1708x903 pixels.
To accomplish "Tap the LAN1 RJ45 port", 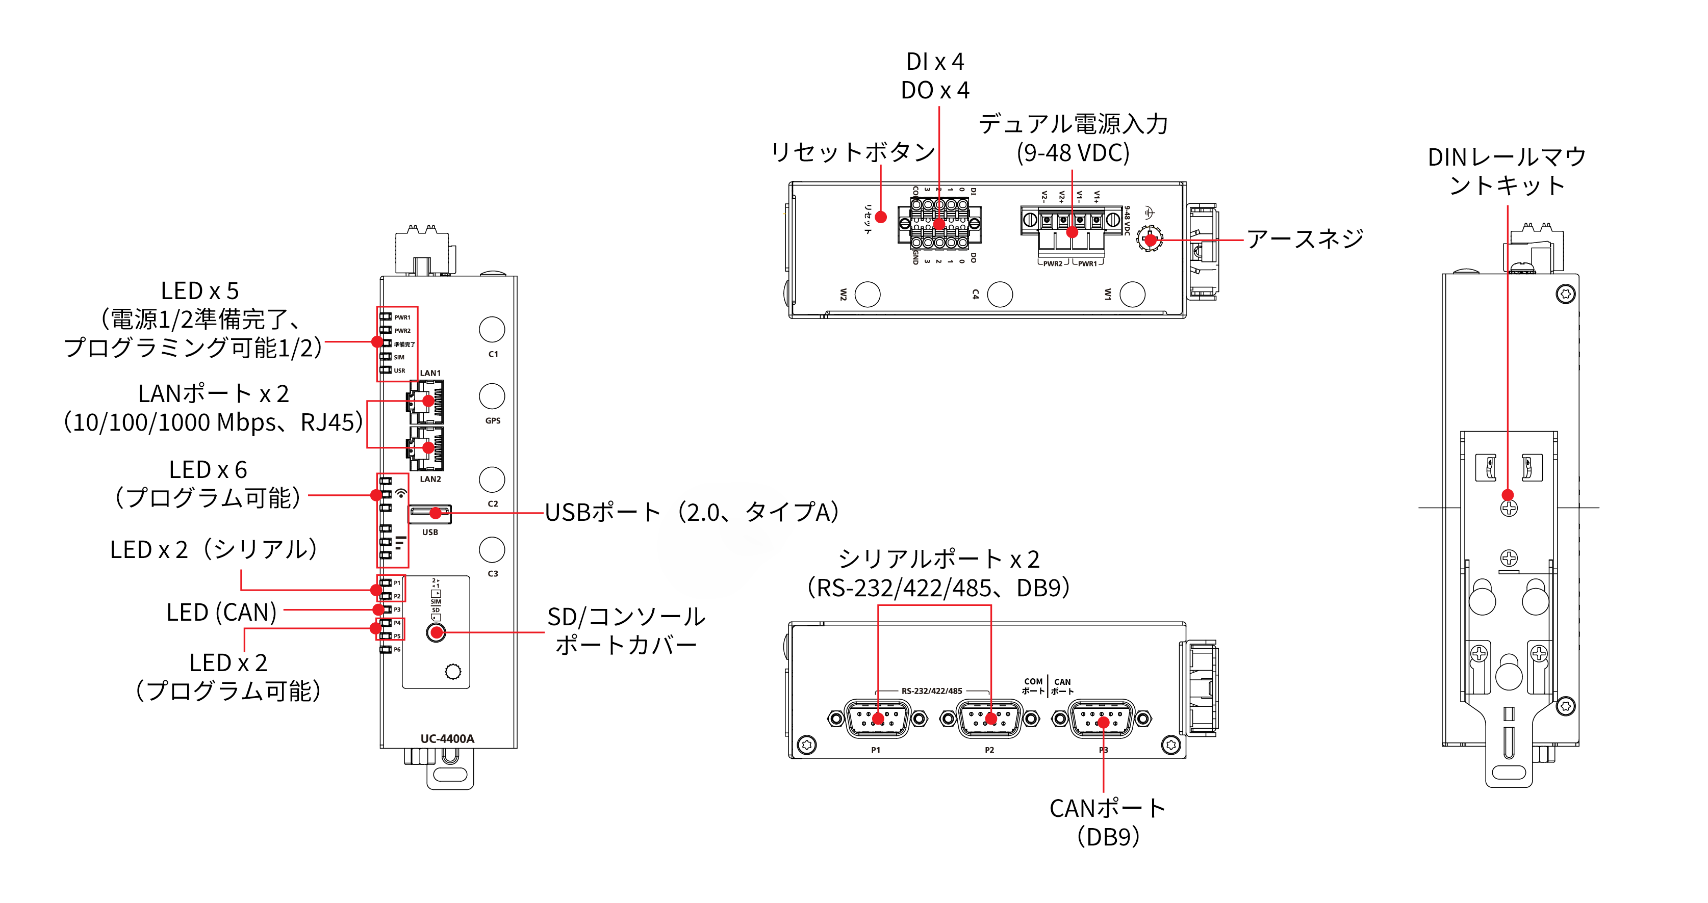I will coord(426,402).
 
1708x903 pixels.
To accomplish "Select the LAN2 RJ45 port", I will coord(426,448).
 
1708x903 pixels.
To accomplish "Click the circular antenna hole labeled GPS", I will coord(491,396).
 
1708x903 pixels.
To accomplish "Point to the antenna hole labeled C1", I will coord(491,329).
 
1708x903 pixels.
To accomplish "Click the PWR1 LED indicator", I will coord(385,316).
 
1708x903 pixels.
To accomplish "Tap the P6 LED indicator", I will coord(385,649).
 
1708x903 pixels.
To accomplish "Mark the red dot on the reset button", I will coord(881,217).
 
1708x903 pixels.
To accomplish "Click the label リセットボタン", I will coord(853,152).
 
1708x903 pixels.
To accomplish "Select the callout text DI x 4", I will coord(935,62).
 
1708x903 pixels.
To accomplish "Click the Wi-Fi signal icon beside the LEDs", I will coord(401,494).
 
